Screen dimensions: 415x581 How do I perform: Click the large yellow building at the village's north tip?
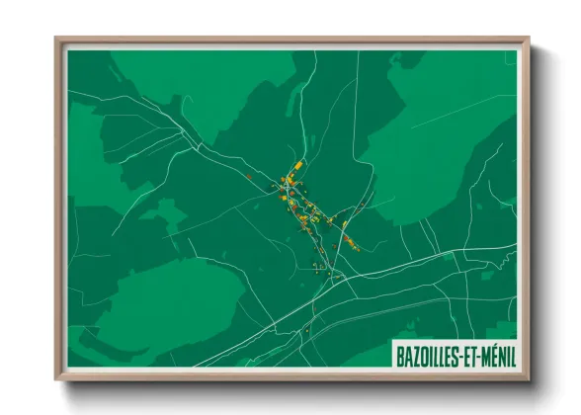tap(297, 164)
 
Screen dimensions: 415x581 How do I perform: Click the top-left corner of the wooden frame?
tap(56, 40)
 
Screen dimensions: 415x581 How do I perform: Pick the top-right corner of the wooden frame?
tap(528, 40)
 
